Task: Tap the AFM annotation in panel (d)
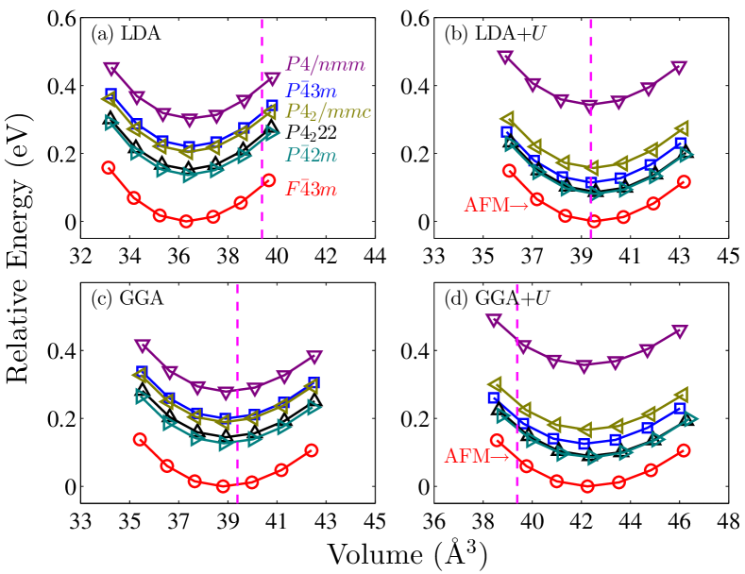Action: pyautogui.click(x=477, y=458)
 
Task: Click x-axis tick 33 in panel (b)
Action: pyautogui.click(x=434, y=255)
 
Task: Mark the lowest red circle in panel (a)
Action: pyautogui.click(x=186, y=221)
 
